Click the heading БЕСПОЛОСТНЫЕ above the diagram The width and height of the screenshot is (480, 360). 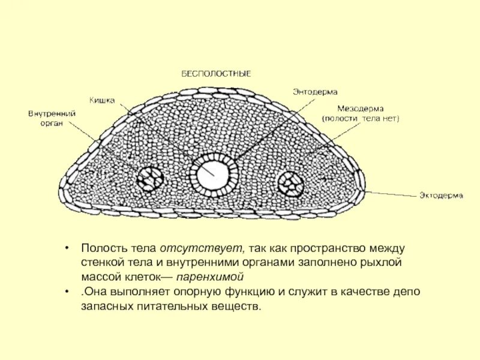[x=216, y=74]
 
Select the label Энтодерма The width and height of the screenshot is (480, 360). [x=315, y=92]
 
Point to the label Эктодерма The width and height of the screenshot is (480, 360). [x=438, y=196]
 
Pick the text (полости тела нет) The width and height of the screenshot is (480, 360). [x=360, y=119]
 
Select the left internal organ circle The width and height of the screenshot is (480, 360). [x=150, y=178]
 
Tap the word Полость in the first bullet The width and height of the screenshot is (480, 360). [x=101, y=249]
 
